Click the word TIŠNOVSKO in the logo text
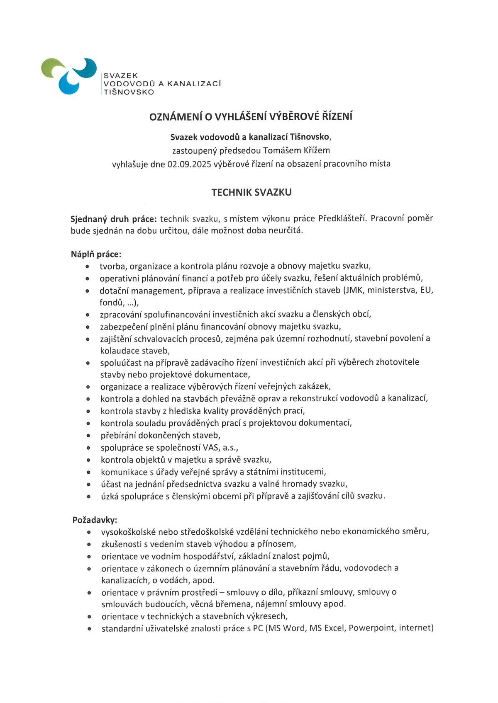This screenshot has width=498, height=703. [x=129, y=92]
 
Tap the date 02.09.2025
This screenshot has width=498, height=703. [x=189, y=164]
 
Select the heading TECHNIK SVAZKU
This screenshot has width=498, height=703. [x=251, y=192]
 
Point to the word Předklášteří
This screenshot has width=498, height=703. [x=342, y=218]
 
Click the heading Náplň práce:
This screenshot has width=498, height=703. [x=96, y=254]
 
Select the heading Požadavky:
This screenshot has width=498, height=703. [x=95, y=520]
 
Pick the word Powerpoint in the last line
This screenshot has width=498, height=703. [x=371, y=628]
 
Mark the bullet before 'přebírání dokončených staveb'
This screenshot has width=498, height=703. [x=88, y=436]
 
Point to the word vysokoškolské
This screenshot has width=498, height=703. [x=127, y=532]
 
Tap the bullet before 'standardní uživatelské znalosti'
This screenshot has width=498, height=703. [x=89, y=629]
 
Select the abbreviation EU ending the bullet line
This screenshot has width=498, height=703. [x=426, y=290]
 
